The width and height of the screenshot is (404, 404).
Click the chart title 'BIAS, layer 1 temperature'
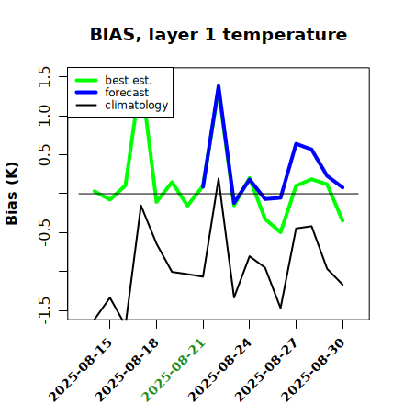click(x=219, y=34)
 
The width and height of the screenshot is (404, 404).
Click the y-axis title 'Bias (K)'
click(x=12, y=194)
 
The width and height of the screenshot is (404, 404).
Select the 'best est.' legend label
click(x=129, y=80)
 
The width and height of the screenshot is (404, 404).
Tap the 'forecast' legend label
click(x=127, y=93)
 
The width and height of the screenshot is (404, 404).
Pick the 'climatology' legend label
click(x=137, y=106)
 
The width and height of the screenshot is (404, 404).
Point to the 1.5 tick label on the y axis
click(x=44, y=76)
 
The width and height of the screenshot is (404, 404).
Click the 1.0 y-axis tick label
click(x=44, y=116)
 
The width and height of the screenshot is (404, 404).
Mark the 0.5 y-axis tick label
click(x=44, y=155)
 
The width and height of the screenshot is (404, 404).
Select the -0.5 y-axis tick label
click(x=44, y=232)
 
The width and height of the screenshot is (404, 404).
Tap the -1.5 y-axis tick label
click(x=44, y=310)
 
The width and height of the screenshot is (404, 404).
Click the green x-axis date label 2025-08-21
click(x=174, y=370)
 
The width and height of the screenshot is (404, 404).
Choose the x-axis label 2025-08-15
click(x=80, y=370)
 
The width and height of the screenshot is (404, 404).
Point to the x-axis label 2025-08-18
click(x=127, y=370)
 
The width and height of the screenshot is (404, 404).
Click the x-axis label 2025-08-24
click(x=219, y=370)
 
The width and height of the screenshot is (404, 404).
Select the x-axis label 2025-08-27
click(x=266, y=370)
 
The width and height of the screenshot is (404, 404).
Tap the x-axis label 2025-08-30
click(x=313, y=370)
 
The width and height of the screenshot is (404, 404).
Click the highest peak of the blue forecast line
click(x=219, y=86)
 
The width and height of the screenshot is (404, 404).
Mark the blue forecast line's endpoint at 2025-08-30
click(x=342, y=187)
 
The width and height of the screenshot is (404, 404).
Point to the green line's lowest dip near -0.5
click(x=280, y=232)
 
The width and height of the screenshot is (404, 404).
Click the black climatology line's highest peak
click(x=219, y=178)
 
